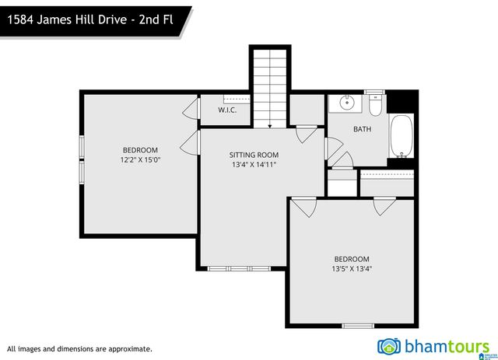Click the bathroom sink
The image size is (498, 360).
tap(345, 103)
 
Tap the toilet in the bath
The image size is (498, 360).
tap(376, 104)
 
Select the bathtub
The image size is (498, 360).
tap(402, 137)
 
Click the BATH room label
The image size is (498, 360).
tap(363, 129)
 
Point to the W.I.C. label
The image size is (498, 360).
tap(227, 110)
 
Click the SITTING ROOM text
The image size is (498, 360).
tap(253, 155)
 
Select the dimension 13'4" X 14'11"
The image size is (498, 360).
tap(253, 165)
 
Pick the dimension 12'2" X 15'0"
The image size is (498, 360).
tap(140, 160)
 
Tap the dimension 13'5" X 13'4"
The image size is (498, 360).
tap(352, 269)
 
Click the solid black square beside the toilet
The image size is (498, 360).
tap(402, 102)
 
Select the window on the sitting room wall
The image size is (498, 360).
tap(239, 268)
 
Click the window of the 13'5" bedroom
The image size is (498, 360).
tap(358, 325)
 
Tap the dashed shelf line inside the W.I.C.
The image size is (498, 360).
tap(236, 100)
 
